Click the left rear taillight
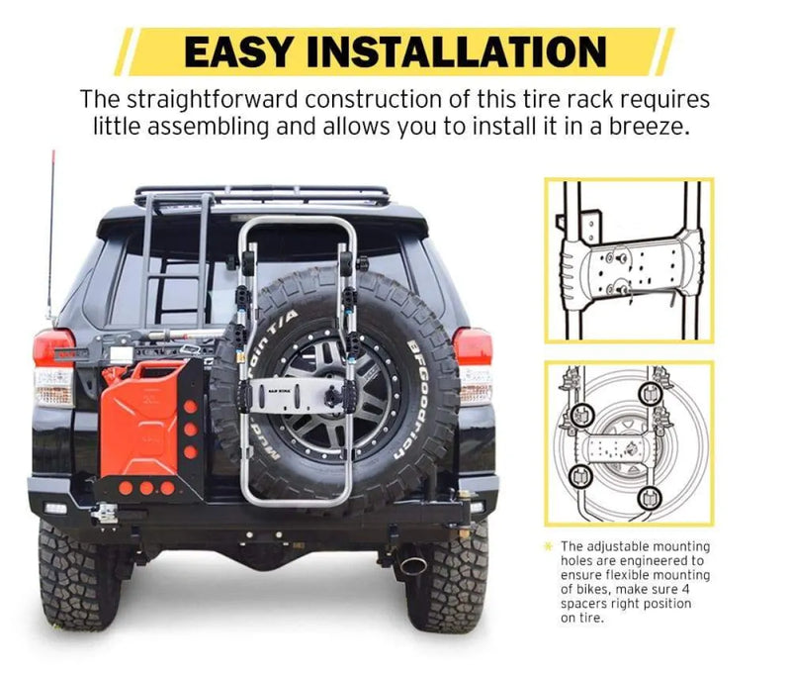pos(53,367)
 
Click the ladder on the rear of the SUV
pos(179,257)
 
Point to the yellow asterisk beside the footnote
pos(549,545)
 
